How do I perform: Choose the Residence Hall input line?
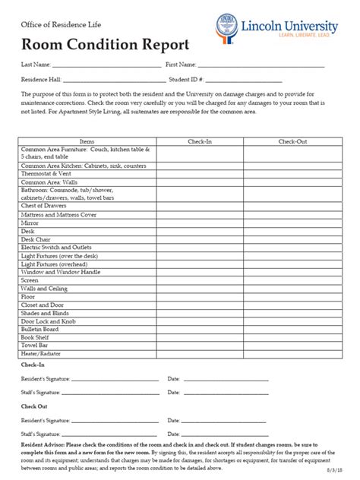(x=114, y=80)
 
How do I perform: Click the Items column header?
(x=87, y=142)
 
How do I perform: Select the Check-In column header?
(x=200, y=142)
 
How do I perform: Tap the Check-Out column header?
(x=292, y=142)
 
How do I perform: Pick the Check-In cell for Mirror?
(x=200, y=224)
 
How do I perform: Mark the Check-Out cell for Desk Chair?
(x=292, y=239)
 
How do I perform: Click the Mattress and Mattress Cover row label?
(x=59, y=215)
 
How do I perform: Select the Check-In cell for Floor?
(x=200, y=297)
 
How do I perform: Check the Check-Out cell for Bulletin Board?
(x=292, y=330)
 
